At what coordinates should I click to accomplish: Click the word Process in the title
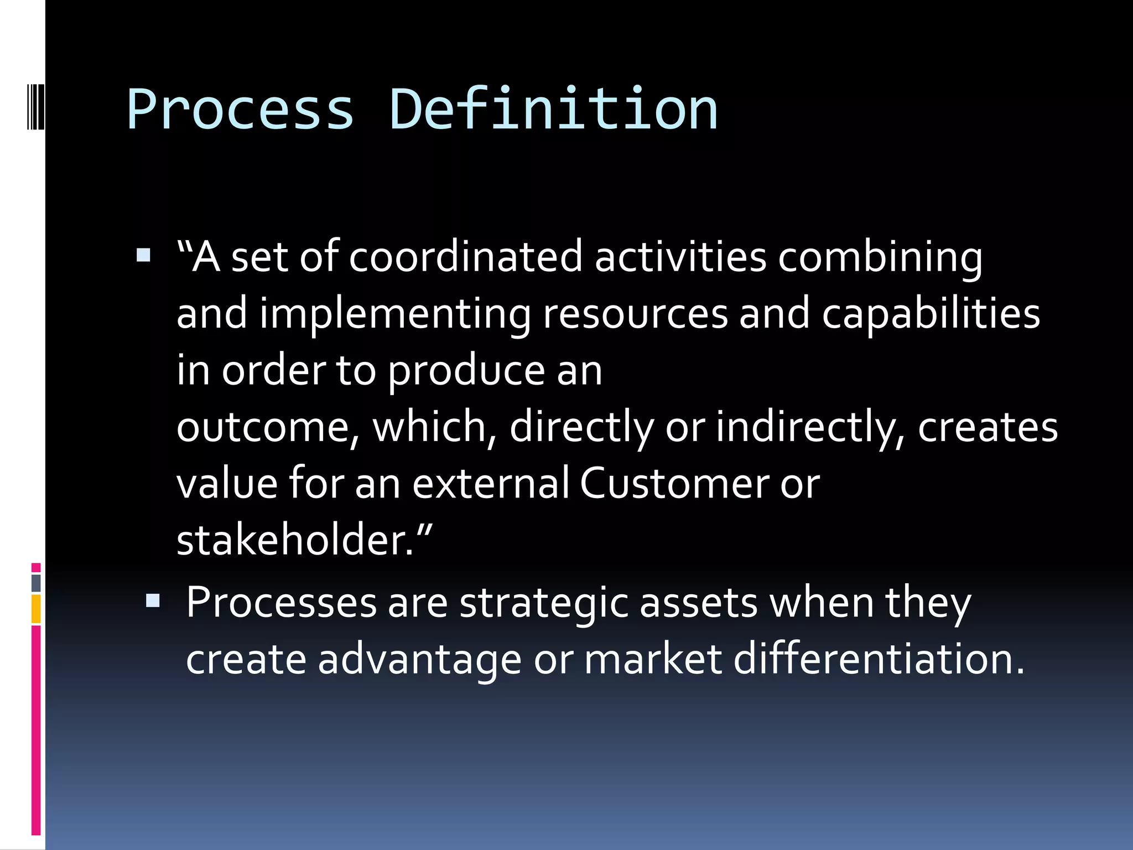click(x=240, y=110)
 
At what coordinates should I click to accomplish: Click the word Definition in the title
click(x=553, y=110)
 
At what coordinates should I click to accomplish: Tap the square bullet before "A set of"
click(x=143, y=255)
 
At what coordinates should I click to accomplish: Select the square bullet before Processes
click(x=153, y=600)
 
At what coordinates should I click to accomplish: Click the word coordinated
click(x=465, y=257)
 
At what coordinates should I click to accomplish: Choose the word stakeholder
click(x=294, y=540)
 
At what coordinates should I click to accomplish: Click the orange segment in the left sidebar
click(x=36, y=609)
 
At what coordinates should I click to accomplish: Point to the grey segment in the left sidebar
click(x=36, y=583)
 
